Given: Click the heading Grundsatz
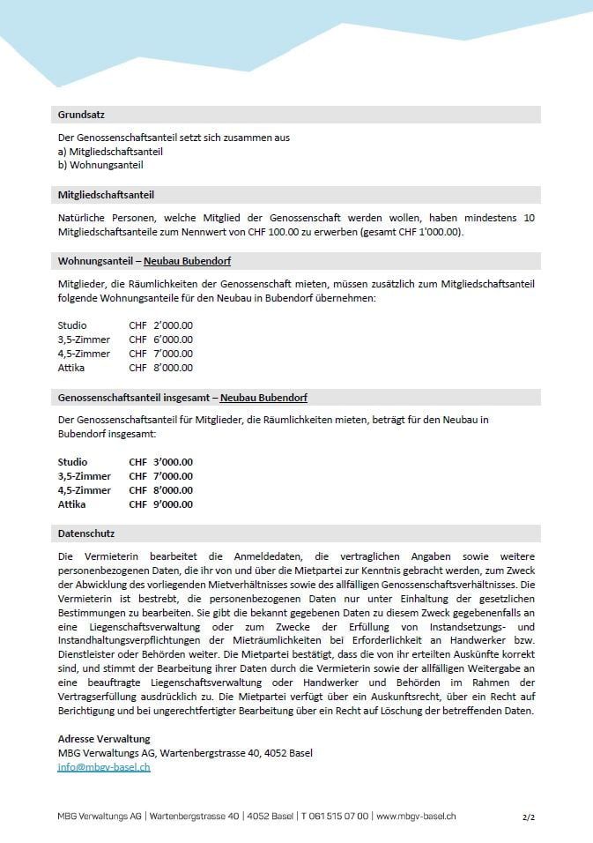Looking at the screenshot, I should point(82,115).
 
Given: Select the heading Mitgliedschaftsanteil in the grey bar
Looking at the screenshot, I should point(106,195).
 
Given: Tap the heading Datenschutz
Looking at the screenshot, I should point(86,534).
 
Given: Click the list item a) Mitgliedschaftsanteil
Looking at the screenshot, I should point(110,152).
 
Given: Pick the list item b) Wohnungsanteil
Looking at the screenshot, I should point(100,165).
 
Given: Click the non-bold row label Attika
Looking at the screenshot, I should point(71,368).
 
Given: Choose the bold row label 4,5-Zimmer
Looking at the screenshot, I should point(85,490).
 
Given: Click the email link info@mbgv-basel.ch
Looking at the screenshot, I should point(104,767).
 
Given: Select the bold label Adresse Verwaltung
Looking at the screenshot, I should point(104,739).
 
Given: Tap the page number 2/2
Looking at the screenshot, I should point(528,817).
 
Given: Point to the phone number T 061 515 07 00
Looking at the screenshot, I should point(335,817).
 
